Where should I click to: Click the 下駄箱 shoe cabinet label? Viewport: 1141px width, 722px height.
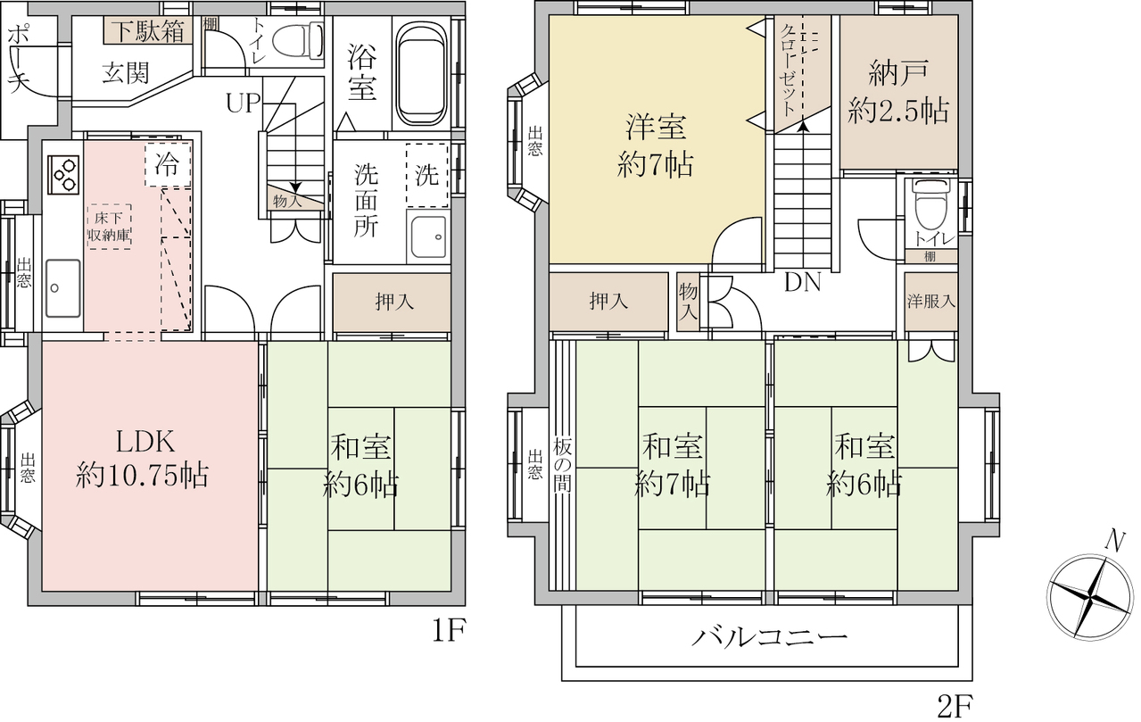click(x=149, y=31)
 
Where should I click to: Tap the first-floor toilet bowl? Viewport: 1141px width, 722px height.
click(x=297, y=41)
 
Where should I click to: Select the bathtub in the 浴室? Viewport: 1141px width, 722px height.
click(x=421, y=74)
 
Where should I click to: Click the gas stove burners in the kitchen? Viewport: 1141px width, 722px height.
click(x=63, y=175)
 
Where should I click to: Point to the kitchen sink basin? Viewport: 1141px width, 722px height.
click(x=63, y=288)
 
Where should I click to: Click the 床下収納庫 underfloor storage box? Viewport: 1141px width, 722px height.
click(x=109, y=227)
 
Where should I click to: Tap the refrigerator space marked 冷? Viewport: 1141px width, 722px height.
click(x=168, y=165)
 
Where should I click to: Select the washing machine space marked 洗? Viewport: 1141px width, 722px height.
click(x=426, y=175)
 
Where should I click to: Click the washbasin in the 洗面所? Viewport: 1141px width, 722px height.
click(x=428, y=237)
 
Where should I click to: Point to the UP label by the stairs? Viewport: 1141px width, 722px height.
click(x=243, y=104)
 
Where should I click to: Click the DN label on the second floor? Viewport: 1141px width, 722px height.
click(x=803, y=282)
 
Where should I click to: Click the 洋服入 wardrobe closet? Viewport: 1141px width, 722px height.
click(x=930, y=302)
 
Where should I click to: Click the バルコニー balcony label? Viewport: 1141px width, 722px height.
click(x=769, y=637)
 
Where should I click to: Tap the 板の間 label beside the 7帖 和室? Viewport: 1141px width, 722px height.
click(x=562, y=465)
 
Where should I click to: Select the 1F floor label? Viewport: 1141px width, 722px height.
click(x=449, y=633)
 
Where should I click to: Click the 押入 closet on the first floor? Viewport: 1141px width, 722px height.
click(x=392, y=303)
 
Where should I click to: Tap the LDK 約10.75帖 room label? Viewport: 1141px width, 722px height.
click(x=142, y=459)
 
